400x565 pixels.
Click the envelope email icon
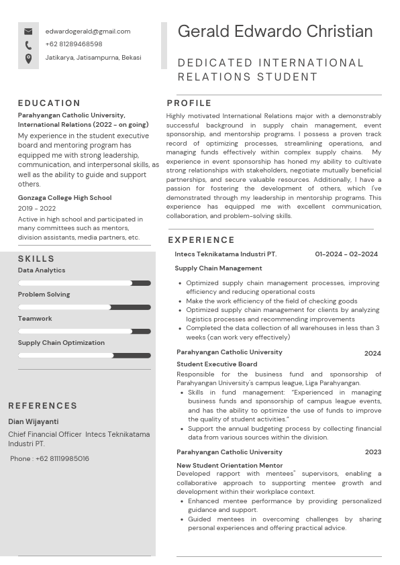coord(28,32)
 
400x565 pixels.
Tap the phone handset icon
coord(28,45)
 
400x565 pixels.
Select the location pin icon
coord(28,58)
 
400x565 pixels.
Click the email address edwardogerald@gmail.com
coord(88,32)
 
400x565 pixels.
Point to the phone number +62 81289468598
coord(74,44)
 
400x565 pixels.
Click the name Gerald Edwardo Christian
coord(275,32)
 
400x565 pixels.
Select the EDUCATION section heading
coord(49,103)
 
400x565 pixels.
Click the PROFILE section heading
coord(189,103)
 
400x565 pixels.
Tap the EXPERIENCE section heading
coord(201,240)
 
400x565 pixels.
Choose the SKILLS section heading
coord(36,259)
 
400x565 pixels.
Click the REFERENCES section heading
coord(43,406)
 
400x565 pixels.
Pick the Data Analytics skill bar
coord(85,283)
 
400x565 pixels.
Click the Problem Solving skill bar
coord(85,307)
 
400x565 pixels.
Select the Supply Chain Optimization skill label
coord(61,343)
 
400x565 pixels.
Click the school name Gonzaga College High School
coord(64,198)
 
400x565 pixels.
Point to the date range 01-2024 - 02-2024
coord(346,254)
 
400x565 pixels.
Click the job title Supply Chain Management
coord(218,268)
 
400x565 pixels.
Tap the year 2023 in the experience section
coord(372,452)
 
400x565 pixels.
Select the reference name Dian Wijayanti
coord(33,422)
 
